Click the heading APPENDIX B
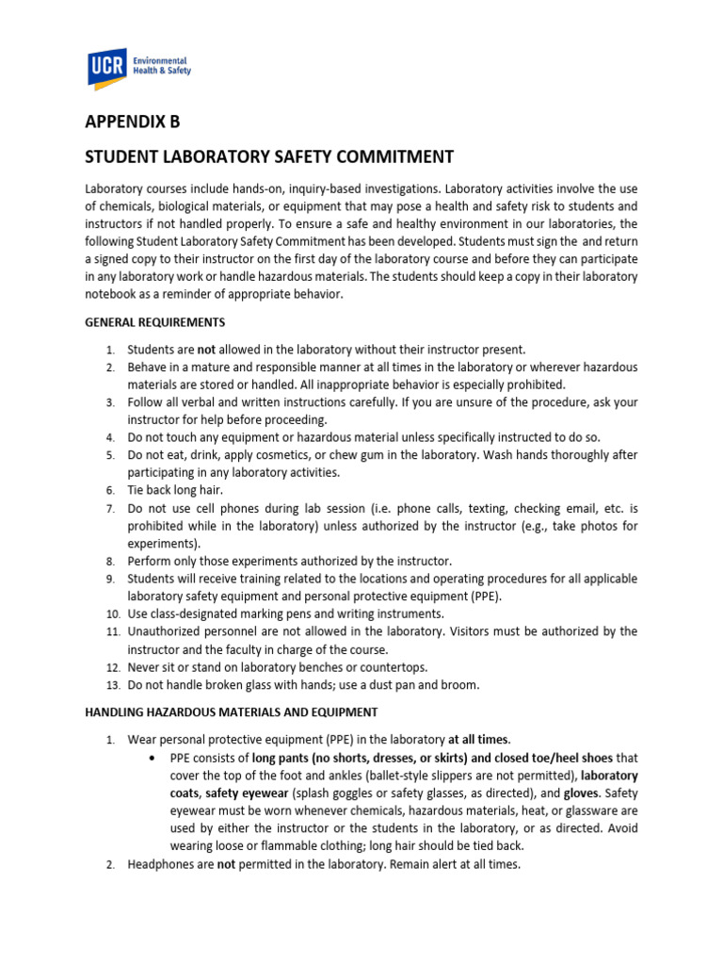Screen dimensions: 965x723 pyautogui.click(x=132, y=122)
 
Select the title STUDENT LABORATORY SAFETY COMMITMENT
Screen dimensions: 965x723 pyautogui.click(x=269, y=156)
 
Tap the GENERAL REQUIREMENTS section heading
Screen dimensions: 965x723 pyautogui.click(x=154, y=322)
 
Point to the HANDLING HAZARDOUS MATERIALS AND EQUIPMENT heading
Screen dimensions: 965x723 pyautogui.click(x=231, y=711)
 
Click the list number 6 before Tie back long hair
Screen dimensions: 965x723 pyautogui.click(x=110, y=490)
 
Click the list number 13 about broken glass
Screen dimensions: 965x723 pyautogui.click(x=109, y=685)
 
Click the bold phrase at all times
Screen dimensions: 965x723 pyautogui.click(x=479, y=738)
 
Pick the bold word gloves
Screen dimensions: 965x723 pyautogui.click(x=581, y=793)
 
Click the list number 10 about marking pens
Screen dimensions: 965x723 pyautogui.click(x=109, y=613)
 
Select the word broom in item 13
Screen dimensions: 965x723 pyautogui.click(x=462, y=685)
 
